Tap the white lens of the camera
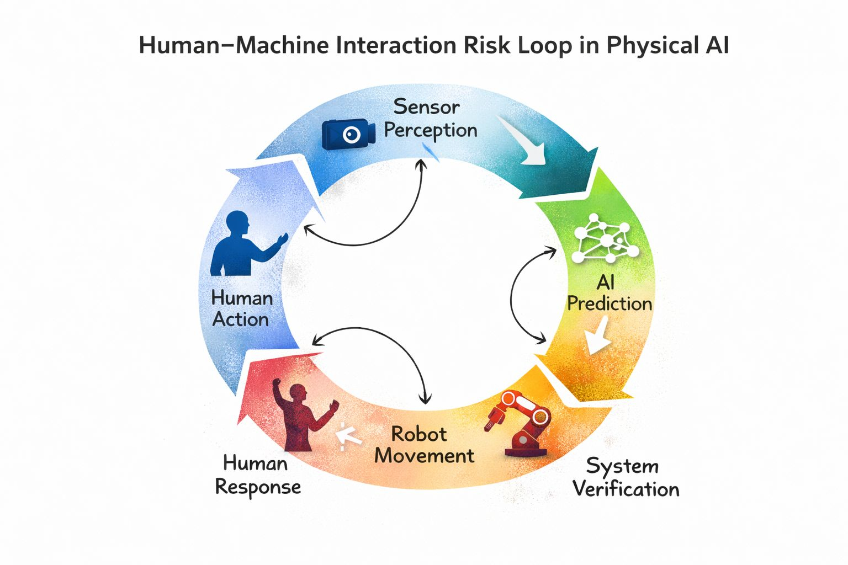(x=352, y=134)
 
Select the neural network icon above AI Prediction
(x=606, y=239)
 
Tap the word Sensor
(x=426, y=106)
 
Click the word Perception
(x=431, y=131)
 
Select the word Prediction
(x=609, y=303)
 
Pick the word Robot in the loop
(x=418, y=434)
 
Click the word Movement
(x=424, y=456)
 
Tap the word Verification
(x=626, y=489)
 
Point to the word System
(x=622, y=466)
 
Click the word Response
(x=258, y=487)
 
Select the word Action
(x=241, y=319)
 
